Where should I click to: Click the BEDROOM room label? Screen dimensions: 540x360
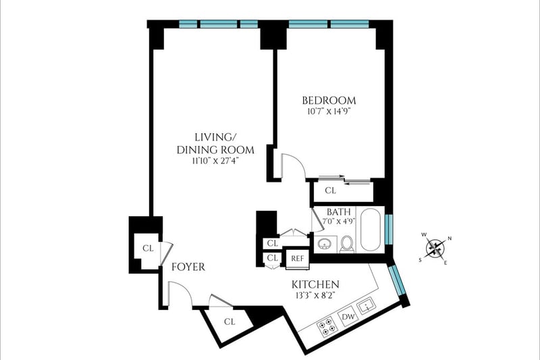click(329, 101)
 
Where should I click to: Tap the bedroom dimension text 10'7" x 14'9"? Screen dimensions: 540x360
click(329, 111)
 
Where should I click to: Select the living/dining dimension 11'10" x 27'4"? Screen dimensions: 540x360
click(215, 161)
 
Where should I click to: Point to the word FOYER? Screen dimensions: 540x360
click(188, 267)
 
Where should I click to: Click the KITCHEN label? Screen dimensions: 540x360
click(315, 284)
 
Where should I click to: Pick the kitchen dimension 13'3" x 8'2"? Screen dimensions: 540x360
click(315, 295)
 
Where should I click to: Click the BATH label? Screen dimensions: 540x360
click(339, 211)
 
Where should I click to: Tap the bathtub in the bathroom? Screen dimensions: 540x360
click(371, 229)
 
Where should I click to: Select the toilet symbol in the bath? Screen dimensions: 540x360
click(346, 244)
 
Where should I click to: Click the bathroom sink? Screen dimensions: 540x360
click(325, 245)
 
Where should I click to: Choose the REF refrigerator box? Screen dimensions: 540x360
click(298, 258)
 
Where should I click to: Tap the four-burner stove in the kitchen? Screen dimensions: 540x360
click(327, 328)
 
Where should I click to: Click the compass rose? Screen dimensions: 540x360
click(435, 249)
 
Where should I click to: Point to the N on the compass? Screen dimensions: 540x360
click(450, 238)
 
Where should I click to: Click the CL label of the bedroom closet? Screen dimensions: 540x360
click(330, 190)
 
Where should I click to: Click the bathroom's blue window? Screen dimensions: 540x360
click(389, 229)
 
